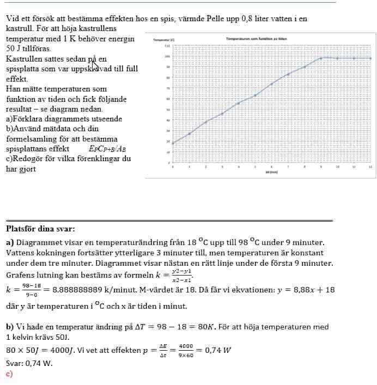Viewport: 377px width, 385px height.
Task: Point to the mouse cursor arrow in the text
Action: click(x=95, y=65)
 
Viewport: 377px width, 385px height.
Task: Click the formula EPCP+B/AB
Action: click(x=107, y=149)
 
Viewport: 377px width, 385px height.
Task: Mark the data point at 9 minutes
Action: click(x=321, y=58)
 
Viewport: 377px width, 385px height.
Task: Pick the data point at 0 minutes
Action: click(x=173, y=143)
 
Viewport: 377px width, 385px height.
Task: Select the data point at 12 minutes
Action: click(x=370, y=58)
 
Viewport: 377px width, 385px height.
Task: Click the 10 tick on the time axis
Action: click(x=337, y=167)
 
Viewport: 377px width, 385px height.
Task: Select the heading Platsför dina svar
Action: click(x=40, y=229)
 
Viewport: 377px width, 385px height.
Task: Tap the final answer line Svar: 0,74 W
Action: click(x=29, y=364)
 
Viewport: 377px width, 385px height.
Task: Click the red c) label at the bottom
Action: click(x=9, y=374)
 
